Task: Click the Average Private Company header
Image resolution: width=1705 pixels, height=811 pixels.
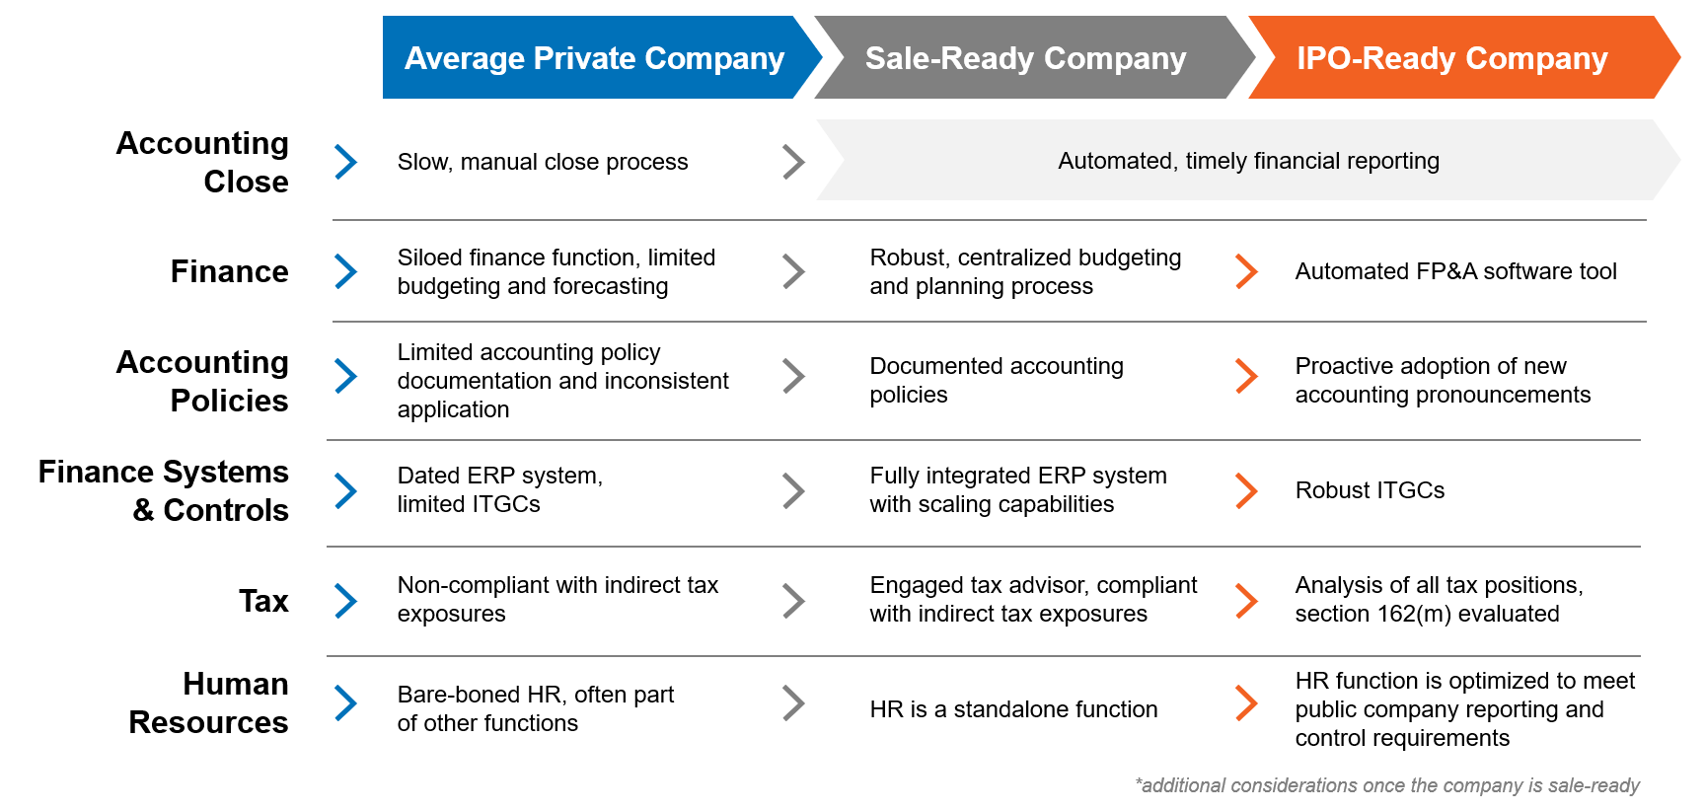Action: click(x=594, y=58)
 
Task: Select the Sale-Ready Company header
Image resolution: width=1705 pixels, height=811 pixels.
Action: click(x=1025, y=58)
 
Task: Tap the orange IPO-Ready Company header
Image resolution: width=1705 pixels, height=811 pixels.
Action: click(x=1451, y=58)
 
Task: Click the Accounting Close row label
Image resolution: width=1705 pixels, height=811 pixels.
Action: click(x=203, y=162)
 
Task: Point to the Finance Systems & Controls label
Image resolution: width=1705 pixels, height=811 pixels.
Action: click(x=164, y=490)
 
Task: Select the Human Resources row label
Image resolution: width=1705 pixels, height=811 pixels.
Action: click(x=209, y=702)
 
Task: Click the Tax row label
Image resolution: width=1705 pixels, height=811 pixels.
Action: click(x=263, y=601)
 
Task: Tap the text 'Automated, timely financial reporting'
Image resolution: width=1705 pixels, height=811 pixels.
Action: click(x=1248, y=161)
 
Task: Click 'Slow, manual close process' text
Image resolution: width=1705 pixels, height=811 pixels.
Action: click(x=543, y=162)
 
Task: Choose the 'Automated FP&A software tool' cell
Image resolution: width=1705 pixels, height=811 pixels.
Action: click(x=1455, y=271)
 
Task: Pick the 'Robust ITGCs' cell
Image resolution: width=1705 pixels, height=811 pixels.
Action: click(x=1370, y=490)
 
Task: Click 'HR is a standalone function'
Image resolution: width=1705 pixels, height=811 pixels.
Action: click(x=1013, y=709)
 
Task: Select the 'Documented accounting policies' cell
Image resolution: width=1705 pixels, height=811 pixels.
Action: click(x=997, y=380)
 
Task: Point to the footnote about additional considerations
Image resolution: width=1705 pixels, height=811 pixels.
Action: click(x=1387, y=785)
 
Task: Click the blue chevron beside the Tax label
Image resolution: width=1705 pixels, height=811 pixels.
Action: click(x=345, y=601)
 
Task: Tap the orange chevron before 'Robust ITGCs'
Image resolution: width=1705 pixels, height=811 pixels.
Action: click(x=1246, y=490)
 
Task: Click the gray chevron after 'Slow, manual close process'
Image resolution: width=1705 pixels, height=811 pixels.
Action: click(x=793, y=162)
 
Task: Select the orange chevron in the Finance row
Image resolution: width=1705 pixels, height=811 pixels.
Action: click(x=1246, y=271)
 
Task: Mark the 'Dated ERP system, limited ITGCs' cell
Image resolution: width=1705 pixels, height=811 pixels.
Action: click(x=499, y=489)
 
